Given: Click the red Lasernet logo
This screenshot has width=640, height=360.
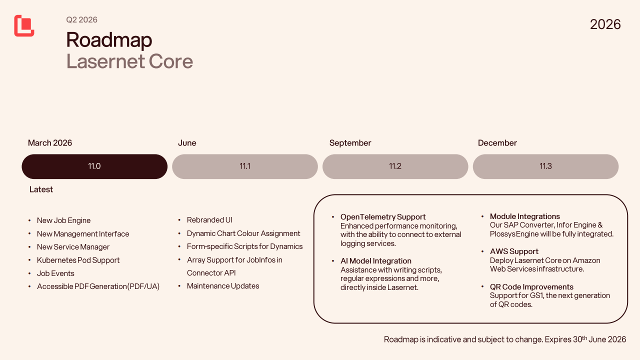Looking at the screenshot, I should tap(24, 25).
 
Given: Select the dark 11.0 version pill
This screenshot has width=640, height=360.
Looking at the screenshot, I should tap(94, 166).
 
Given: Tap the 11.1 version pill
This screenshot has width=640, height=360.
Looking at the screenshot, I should tap(245, 166).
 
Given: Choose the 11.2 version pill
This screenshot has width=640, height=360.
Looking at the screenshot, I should tap(395, 166).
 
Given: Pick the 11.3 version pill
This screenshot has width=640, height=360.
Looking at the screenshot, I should tap(545, 166).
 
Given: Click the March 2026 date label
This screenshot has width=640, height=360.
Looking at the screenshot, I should tap(50, 143).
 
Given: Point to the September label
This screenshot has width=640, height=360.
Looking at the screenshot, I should tap(350, 143).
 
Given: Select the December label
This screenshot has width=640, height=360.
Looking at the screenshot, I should tap(497, 143).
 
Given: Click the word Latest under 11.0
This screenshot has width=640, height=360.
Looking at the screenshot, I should tap(41, 189).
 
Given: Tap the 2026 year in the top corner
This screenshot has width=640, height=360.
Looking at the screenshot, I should tap(605, 24).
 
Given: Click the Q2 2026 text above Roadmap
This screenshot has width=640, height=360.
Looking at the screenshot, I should tap(81, 20).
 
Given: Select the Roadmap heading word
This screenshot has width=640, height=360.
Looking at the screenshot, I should tap(109, 40).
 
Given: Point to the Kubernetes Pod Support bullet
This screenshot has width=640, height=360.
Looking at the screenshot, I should tap(78, 260).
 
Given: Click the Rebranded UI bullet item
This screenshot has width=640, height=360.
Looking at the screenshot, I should tap(209, 220).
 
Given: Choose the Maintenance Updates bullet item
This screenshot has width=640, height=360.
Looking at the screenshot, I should tap(223, 286).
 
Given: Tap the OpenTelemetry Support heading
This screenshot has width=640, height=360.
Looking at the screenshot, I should tap(383, 217).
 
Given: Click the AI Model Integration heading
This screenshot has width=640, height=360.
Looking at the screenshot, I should tap(375, 261).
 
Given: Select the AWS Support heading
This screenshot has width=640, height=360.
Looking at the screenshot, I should tap(514, 251).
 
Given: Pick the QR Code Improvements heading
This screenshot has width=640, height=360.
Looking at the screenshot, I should tap(531, 287).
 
